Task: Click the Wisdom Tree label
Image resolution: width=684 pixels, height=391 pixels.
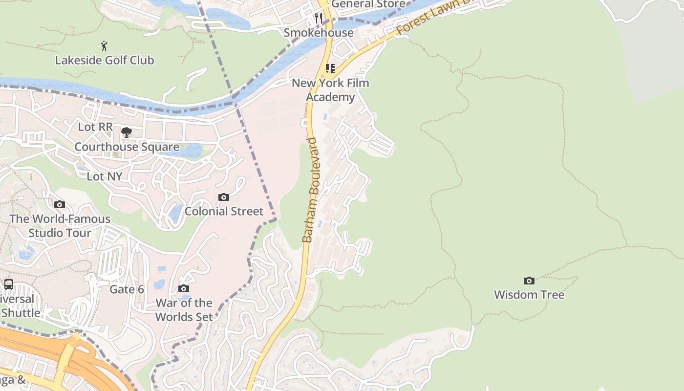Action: (529, 295)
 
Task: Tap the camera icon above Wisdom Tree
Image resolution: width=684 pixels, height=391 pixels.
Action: (529, 281)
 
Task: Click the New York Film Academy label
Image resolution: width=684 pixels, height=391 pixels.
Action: (330, 90)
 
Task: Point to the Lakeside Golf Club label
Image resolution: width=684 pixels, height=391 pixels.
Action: (105, 61)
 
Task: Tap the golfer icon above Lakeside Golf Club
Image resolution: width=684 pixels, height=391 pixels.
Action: (104, 46)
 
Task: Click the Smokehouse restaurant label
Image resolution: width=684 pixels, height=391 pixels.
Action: (319, 33)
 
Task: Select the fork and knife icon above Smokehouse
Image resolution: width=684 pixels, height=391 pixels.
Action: (319, 19)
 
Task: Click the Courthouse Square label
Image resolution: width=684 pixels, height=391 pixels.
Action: (127, 147)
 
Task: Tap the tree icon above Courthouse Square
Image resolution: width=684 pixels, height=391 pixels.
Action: (127, 132)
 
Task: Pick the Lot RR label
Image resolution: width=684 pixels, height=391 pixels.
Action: (95, 127)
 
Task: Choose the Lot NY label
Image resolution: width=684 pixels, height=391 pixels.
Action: (104, 176)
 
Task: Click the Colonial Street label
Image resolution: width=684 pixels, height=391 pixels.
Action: (224, 212)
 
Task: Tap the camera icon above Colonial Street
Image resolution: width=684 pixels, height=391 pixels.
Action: (224, 197)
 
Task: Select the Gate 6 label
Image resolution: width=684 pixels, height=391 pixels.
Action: (127, 289)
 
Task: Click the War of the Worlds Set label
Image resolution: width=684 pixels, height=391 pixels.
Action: (184, 310)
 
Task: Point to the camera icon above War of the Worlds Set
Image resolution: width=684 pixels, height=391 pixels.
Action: (184, 289)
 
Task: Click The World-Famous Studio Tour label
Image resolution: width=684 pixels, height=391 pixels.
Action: (60, 226)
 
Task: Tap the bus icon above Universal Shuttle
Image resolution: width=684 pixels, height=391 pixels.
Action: (9, 284)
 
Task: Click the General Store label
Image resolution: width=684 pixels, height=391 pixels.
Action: (368, 4)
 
